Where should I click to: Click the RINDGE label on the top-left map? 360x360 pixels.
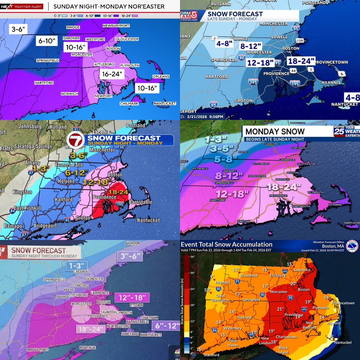tap(73, 27)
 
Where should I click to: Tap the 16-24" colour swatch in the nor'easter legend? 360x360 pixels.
tap(134, 16)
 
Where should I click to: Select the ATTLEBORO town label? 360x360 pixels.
tap(104, 64)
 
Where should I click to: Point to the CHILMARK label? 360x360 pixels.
tap(129, 103)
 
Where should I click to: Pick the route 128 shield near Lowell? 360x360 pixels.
tap(300, 40)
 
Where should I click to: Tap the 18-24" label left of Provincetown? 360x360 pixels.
tap(301, 61)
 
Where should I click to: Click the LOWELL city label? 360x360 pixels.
tap(279, 37)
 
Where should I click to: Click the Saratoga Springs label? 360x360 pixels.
tap(33, 146)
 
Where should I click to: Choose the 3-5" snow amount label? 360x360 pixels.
tap(222, 149)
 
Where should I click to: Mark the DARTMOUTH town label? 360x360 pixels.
tap(301, 206)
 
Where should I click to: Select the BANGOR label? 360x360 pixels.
tap(133, 243)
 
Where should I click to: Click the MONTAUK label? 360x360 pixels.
tap(87, 348)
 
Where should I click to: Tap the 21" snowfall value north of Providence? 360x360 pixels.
tap(280, 309)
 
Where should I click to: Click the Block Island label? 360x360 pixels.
tap(283, 350)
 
